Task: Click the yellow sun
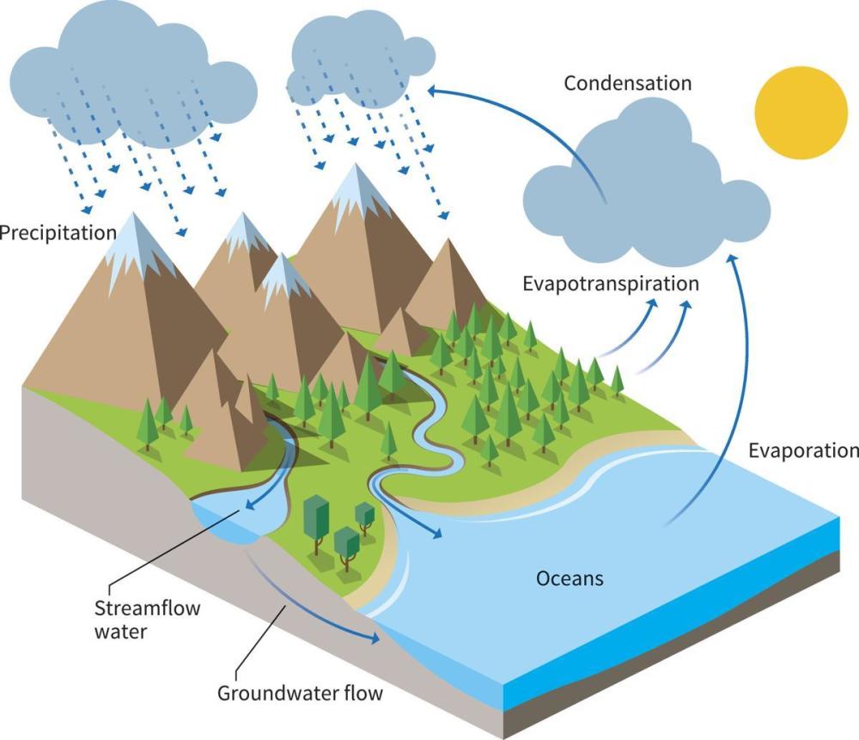pyautogui.click(x=801, y=113)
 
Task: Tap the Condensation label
pyautogui.click(x=628, y=83)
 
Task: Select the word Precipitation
pyautogui.click(x=58, y=233)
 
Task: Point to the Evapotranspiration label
pyautogui.click(x=611, y=284)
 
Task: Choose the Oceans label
pyautogui.click(x=570, y=578)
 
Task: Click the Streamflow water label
pyautogui.click(x=148, y=620)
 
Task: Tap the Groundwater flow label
pyautogui.click(x=300, y=693)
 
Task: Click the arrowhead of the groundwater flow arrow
pyautogui.click(x=375, y=638)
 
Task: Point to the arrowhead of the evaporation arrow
pyautogui.click(x=733, y=260)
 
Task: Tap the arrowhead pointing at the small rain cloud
pyautogui.click(x=433, y=90)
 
